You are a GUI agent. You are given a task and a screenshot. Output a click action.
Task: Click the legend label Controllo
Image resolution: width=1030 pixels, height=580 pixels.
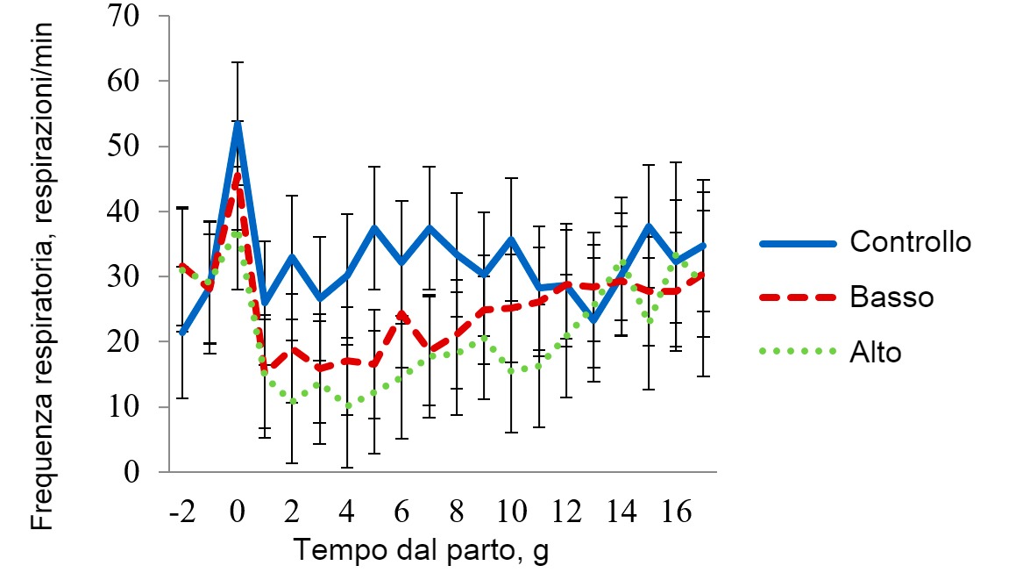coord(910,240)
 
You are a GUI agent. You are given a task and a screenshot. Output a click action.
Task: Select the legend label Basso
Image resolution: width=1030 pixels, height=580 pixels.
coord(891,297)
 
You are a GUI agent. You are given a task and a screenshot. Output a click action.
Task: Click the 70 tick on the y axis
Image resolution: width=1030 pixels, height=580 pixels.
coord(131,16)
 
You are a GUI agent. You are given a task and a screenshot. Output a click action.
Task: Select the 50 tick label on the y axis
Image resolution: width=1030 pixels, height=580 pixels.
coord(131,146)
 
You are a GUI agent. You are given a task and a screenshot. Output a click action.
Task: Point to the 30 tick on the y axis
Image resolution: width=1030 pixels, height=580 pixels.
coord(131,276)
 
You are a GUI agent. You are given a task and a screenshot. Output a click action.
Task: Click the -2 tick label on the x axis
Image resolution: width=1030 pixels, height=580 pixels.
coord(181,511)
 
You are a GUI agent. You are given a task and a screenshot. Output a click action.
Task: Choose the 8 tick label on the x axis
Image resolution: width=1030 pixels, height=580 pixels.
coord(457,511)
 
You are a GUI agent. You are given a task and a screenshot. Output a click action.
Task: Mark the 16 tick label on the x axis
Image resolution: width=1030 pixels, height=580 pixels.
coord(675,511)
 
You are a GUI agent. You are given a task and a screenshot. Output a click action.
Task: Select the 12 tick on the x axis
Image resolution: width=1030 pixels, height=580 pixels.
coord(566,511)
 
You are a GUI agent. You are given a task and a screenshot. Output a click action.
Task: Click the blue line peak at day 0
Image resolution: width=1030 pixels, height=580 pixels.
coord(237,123)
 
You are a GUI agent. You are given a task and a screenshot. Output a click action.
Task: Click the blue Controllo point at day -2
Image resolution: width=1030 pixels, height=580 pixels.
coord(182,333)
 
